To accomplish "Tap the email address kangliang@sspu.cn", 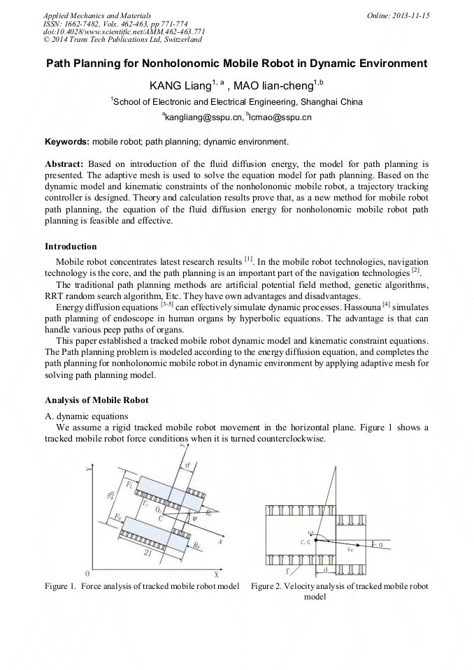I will pyautogui.click(x=202, y=117).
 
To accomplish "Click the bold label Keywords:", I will pyautogui.click(x=67, y=142).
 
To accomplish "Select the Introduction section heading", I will pyautogui.click(x=71, y=246).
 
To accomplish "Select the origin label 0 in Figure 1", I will pyautogui.click(x=86, y=573).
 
